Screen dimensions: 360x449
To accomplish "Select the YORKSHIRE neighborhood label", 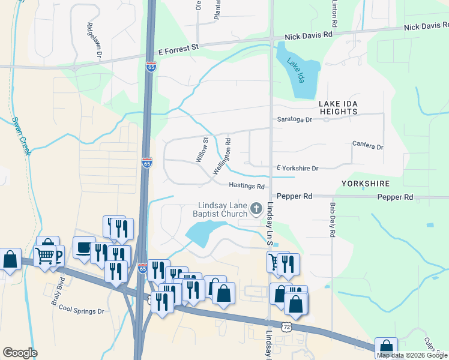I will (366, 184).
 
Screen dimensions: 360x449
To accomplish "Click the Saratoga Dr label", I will (295, 119).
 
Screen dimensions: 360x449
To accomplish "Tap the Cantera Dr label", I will (367, 146).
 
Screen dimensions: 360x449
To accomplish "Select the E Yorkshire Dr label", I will (297, 169).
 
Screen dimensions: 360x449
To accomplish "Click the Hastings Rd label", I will (247, 187).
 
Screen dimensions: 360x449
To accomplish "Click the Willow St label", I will (202, 150).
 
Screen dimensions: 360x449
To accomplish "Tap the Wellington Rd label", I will (221, 157).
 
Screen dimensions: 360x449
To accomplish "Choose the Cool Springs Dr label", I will (82, 311).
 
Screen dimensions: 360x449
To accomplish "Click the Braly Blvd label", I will (53, 295).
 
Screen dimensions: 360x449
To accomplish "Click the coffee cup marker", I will (83, 247).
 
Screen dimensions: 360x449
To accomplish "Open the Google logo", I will (20, 353).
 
